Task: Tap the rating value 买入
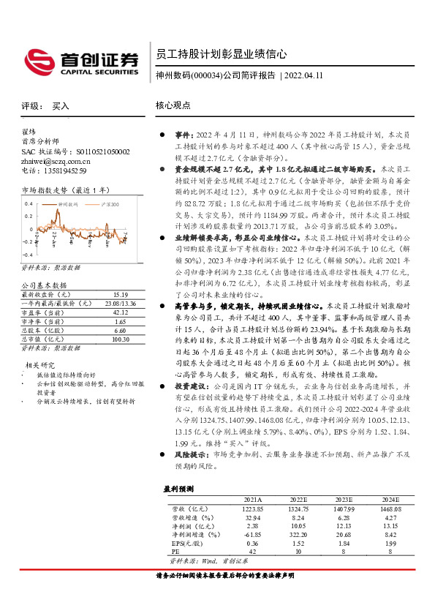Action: tap(61, 106)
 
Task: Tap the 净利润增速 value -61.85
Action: tap(251, 535)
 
